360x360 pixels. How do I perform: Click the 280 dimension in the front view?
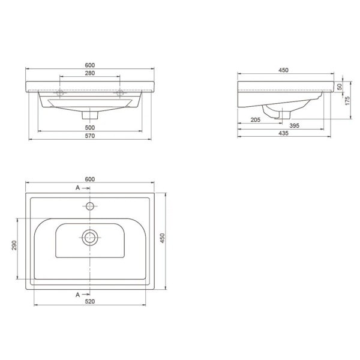(x=90, y=73)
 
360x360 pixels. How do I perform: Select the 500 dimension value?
(x=90, y=127)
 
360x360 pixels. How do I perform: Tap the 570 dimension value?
(x=90, y=136)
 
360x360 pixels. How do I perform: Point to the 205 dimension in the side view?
(x=256, y=119)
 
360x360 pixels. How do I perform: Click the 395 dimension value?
(x=295, y=125)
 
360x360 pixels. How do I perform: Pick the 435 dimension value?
(x=284, y=133)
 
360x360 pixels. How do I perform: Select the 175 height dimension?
(x=347, y=101)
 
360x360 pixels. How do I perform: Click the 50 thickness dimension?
(x=340, y=87)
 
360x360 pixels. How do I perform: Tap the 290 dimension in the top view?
(x=14, y=245)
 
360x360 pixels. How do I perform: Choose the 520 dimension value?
(x=90, y=301)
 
